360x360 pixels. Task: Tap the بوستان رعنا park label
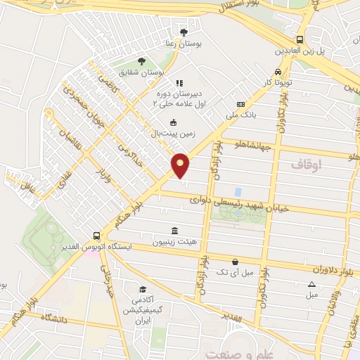coord(184,44)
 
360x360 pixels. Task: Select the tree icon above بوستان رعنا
coord(184,32)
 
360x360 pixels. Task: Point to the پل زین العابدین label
coord(300,52)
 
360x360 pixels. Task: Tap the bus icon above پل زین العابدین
coord(300,40)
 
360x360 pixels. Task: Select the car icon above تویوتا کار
coord(278,72)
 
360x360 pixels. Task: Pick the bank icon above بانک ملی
coord(240,103)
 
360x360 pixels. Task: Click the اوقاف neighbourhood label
coord(305,164)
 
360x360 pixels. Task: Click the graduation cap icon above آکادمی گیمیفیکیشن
coord(143,290)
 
